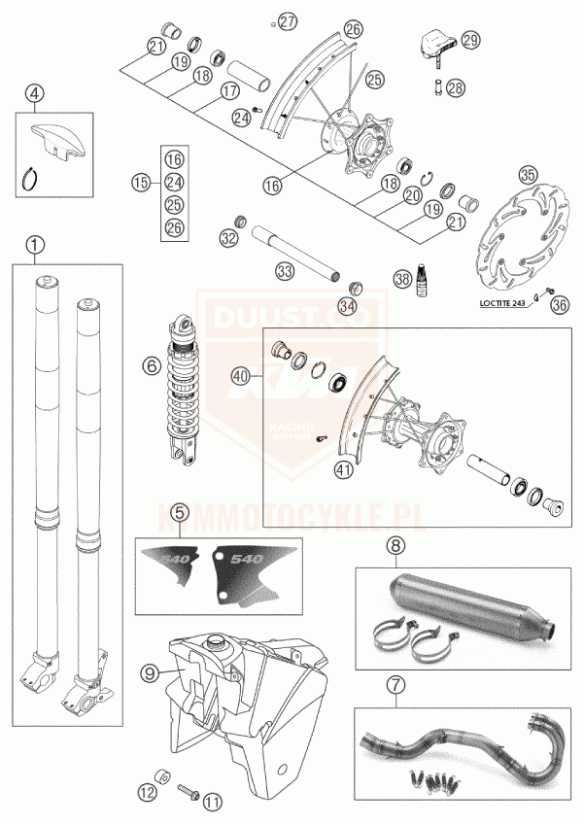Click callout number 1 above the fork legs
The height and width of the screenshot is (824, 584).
35,244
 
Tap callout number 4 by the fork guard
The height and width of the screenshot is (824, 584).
36,94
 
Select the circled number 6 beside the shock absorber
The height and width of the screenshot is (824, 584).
152,366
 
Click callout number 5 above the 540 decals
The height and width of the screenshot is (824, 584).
178,512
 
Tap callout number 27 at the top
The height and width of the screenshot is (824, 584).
286,20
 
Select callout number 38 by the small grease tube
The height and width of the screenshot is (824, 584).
402,278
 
